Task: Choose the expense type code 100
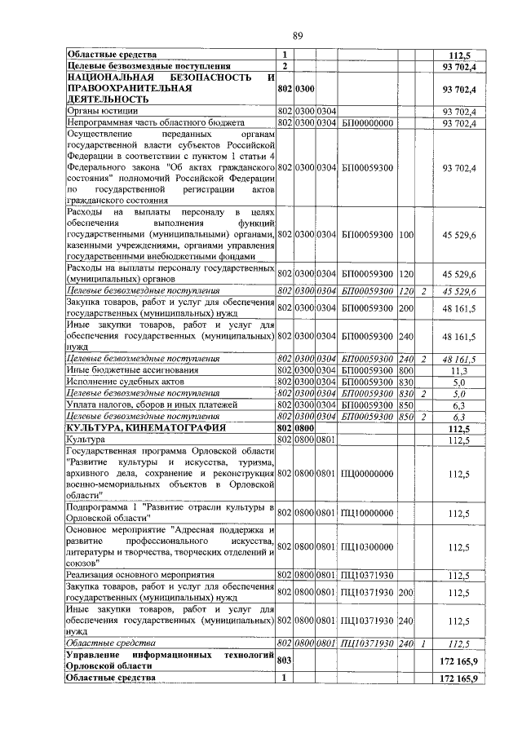click(405, 235)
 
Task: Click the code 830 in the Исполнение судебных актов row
click(405, 381)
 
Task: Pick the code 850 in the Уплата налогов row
click(405, 404)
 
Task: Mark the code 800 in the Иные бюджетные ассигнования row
click(405, 369)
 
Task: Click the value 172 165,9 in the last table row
click(458, 678)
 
